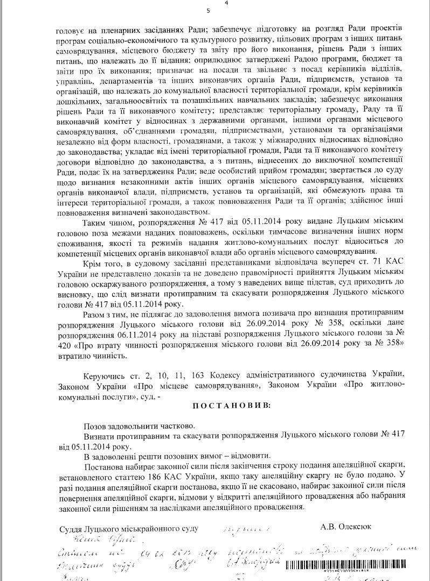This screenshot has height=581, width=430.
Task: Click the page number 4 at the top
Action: point(227,3)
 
